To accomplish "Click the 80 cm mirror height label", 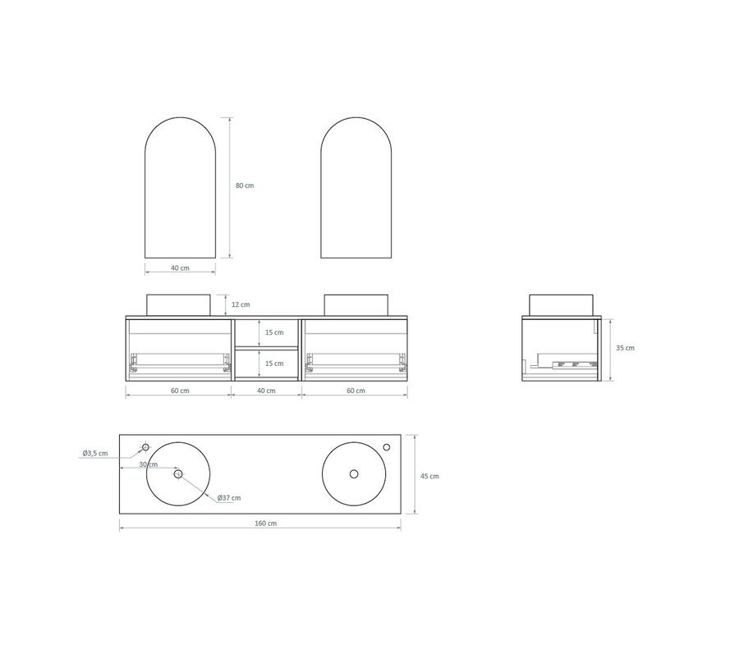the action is pyautogui.click(x=245, y=185).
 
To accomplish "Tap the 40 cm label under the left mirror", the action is pyautogui.click(x=180, y=268).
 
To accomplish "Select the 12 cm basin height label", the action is pyautogui.click(x=241, y=304).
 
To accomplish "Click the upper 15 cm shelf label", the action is pyautogui.click(x=274, y=332).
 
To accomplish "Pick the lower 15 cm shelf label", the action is pyautogui.click(x=274, y=363).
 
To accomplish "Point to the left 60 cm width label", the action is pyautogui.click(x=180, y=391).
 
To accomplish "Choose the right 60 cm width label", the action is pyautogui.click(x=356, y=391).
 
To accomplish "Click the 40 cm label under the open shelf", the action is pyautogui.click(x=266, y=391).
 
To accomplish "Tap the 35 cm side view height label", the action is pyautogui.click(x=626, y=348).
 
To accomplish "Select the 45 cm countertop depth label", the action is pyautogui.click(x=429, y=476).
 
